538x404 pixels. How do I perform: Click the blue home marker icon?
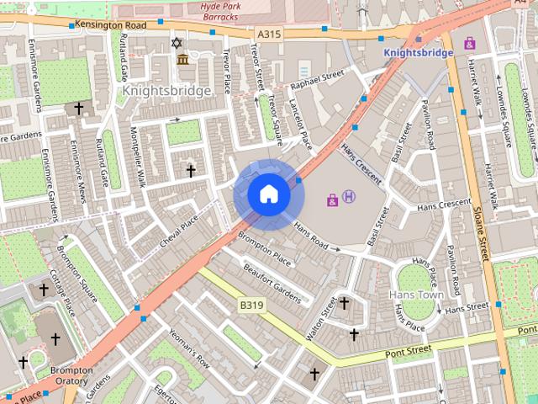tap(268, 194)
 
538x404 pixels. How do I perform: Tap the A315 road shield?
tap(266, 33)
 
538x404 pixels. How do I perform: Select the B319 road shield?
tap(251, 305)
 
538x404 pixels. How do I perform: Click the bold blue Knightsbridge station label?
tap(418, 52)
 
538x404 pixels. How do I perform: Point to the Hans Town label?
tap(416, 295)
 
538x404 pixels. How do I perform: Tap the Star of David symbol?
tap(177, 42)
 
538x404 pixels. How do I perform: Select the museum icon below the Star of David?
tap(183, 59)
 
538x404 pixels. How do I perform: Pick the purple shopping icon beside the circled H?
tap(333, 199)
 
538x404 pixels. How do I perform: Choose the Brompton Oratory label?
tap(71, 375)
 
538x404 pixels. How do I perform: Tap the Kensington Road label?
tap(110, 25)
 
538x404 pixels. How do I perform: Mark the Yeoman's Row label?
tap(188, 348)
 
